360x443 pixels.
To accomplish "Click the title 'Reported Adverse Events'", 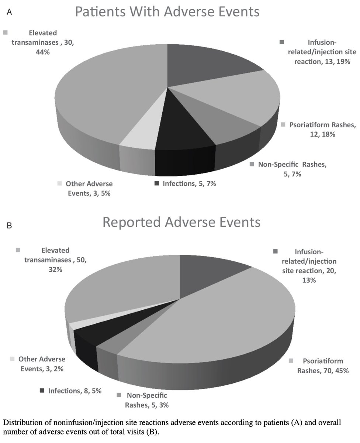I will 181,222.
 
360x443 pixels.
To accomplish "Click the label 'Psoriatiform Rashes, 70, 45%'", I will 323,365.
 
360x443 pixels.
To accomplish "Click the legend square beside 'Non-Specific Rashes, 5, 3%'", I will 119,396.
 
